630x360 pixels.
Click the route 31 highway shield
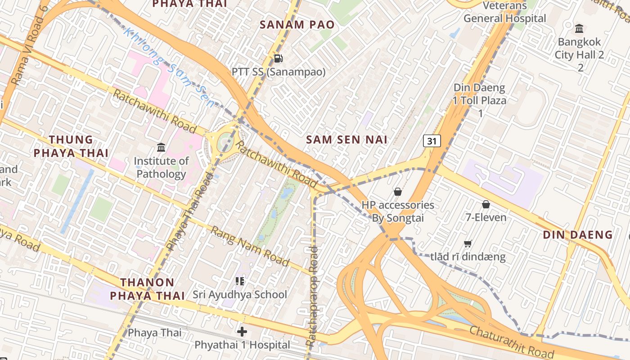pos(432,141)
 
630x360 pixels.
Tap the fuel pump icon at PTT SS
pos(279,58)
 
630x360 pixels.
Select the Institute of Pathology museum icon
pos(161,147)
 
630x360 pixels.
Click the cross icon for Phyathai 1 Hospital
pos(242,332)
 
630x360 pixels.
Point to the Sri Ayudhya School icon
pos(240,281)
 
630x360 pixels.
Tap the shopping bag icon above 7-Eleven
pos(486,204)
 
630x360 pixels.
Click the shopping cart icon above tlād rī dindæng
pos(468,244)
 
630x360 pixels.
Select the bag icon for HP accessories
pos(397,192)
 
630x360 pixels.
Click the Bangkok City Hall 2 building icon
pos(579,29)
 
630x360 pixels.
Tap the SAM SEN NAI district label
pos(346,139)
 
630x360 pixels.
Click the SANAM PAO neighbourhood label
pos(297,24)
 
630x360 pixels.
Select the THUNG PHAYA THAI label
pos(71,146)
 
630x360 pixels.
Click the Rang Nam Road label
pos(250,246)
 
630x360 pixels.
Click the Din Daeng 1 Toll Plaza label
pos(480,100)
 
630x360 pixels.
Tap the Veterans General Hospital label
pos(504,12)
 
